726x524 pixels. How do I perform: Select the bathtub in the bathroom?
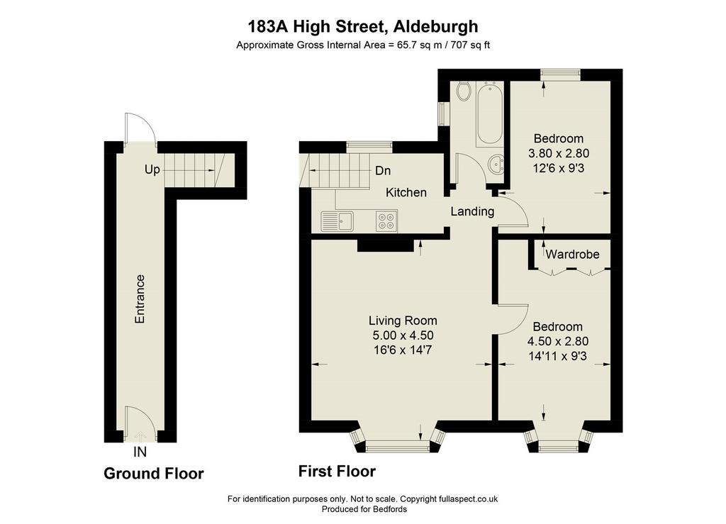click(x=489, y=114)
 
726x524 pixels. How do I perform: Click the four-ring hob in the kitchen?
click(x=386, y=221)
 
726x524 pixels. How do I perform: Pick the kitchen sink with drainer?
click(x=337, y=221)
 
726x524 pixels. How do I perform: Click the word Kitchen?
click(x=406, y=193)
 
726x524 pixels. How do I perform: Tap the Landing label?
click(x=472, y=211)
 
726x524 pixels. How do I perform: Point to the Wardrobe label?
click(x=572, y=254)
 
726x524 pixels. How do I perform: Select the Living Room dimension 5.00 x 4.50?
click(x=403, y=335)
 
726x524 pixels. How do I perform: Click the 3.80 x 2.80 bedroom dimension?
click(x=559, y=153)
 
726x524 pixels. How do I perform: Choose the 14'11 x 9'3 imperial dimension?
click(x=557, y=356)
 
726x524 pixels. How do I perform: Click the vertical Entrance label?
click(x=140, y=299)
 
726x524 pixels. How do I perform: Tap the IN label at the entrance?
click(x=140, y=452)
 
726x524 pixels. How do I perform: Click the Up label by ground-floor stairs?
click(x=152, y=170)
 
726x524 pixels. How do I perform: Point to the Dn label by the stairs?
click(x=383, y=171)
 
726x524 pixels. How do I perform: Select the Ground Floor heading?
click(x=154, y=474)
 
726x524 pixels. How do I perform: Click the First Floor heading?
click(x=337, y=472)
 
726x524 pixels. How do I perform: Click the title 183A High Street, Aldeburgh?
click(x=363, y=26)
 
